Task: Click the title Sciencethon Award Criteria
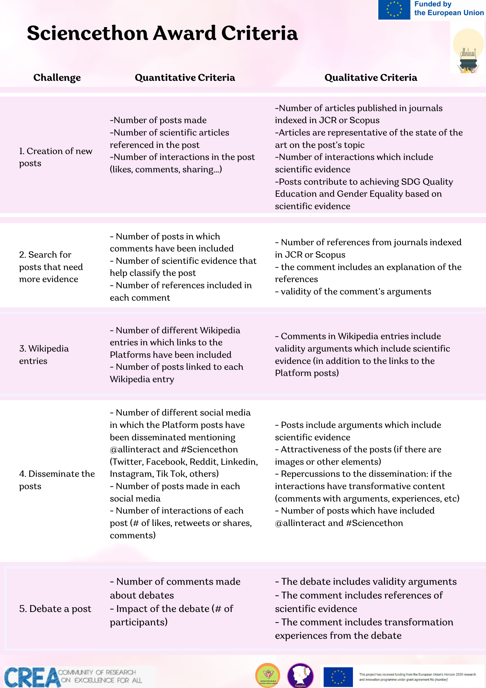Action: click(x=162, y=33)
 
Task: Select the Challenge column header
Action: click(x=57, y=78)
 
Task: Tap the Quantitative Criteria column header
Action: click(x=185, y=78)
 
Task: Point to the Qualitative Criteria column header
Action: click(x=371, y=78)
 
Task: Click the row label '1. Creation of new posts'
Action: click(x=56, y=157)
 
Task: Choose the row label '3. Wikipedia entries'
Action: click(x=44, y=355)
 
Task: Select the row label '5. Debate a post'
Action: click(x=55, y=609)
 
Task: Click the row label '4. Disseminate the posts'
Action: click(x=57, y=480)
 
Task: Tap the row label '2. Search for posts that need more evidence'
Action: click(x=51, y=267)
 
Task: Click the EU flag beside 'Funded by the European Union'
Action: click(x=394, y=10)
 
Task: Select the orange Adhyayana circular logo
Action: click(x=268, y=675)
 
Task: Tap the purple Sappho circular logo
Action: click(x=300, y=676)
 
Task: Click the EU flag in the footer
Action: click(x=338, y=677)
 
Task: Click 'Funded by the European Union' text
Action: click(x=449, y=9)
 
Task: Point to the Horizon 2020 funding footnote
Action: click(x=417, y=677)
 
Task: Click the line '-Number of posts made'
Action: click(x=158, y=120)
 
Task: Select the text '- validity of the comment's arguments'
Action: click(x=353, y=292)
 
